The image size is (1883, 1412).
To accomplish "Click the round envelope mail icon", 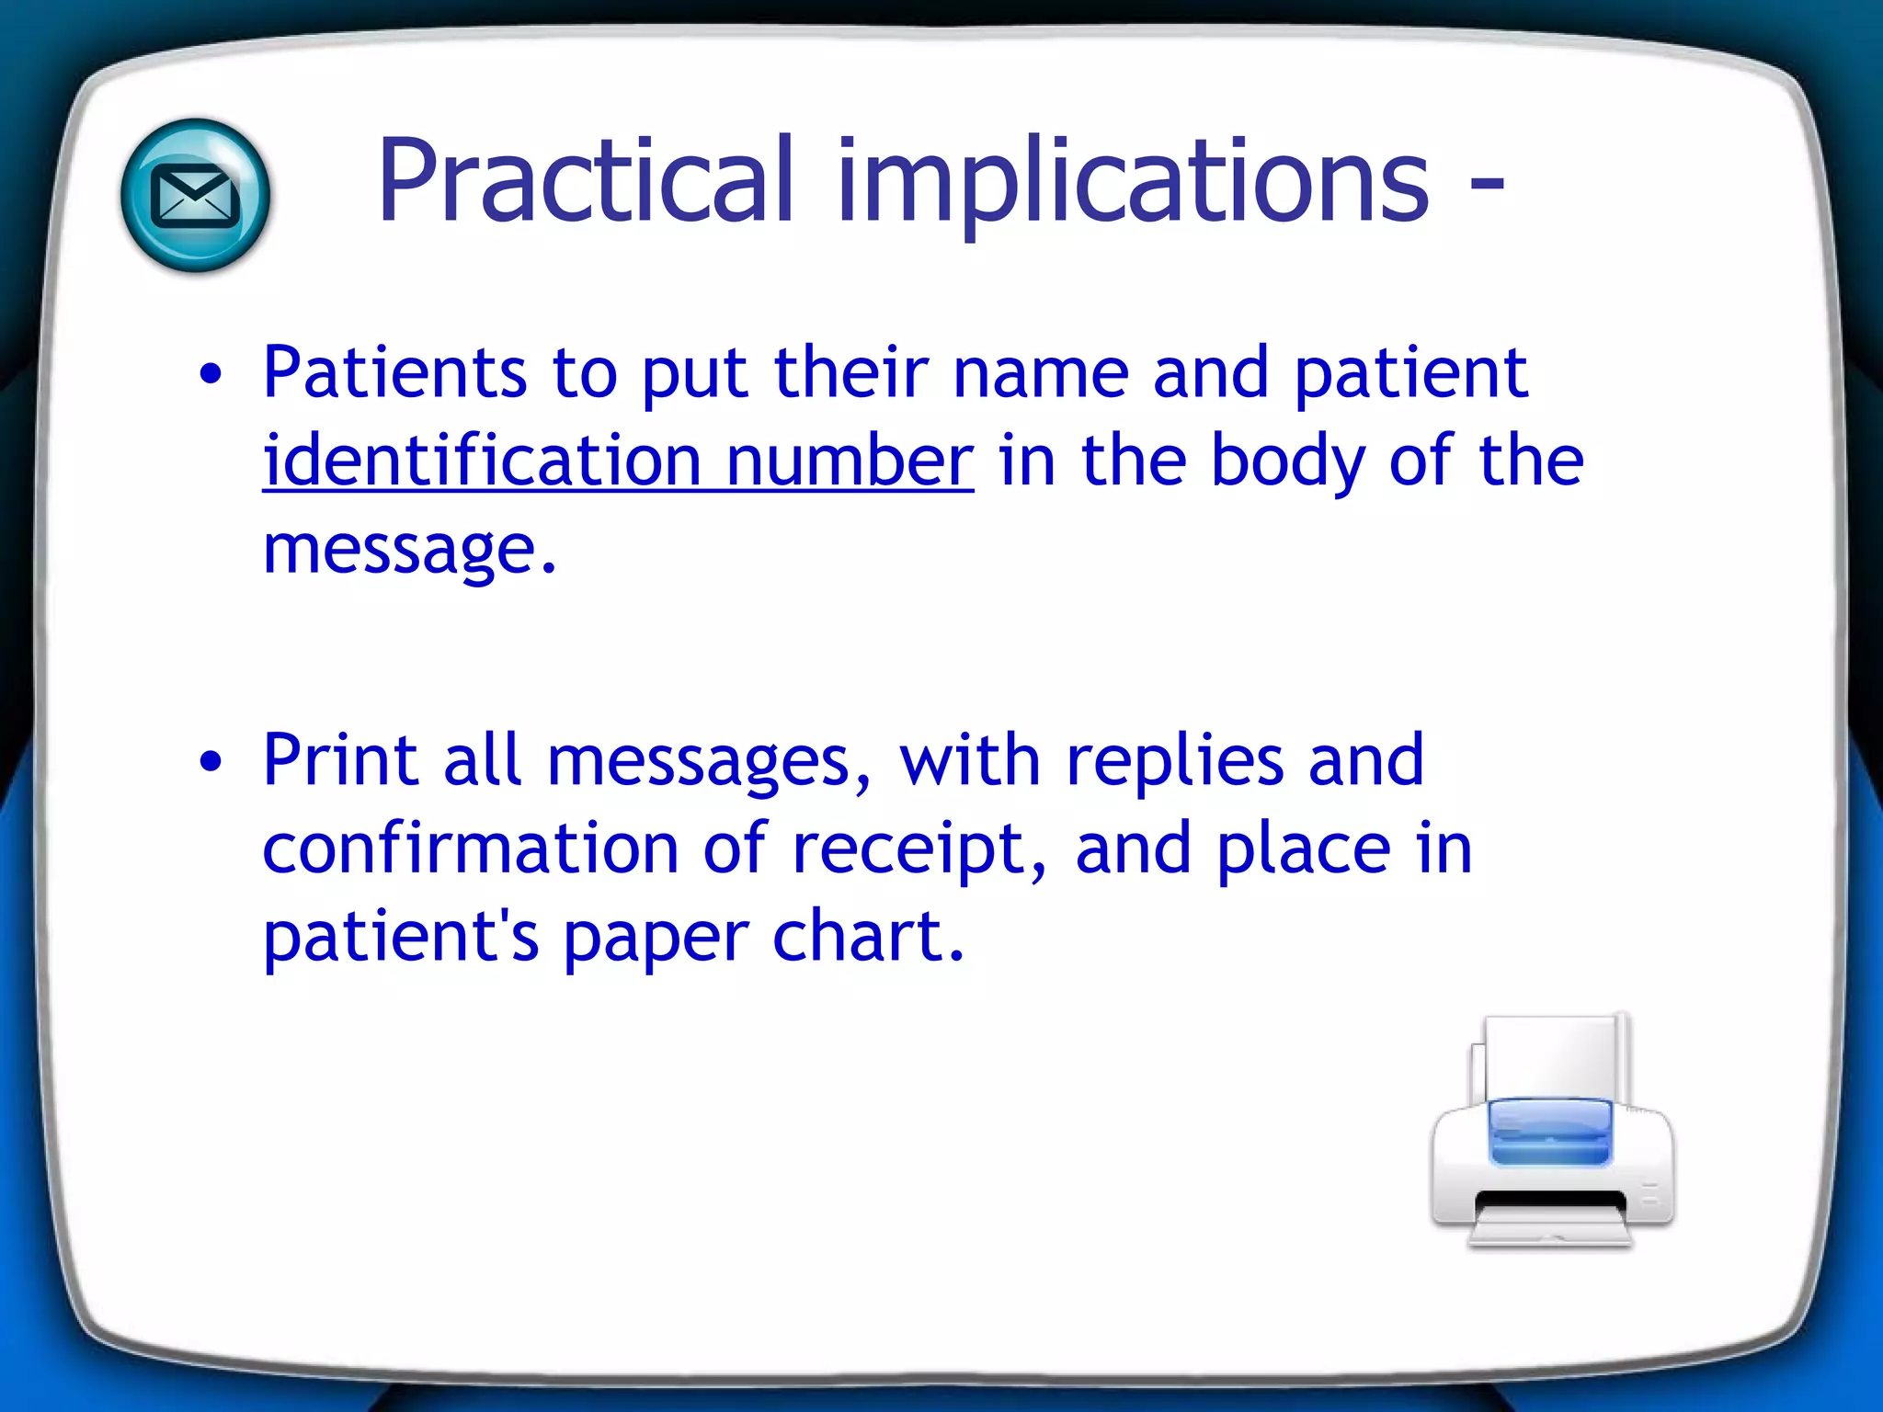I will pyautogui.click(x=195, y=196).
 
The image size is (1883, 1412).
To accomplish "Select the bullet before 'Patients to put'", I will pyautogui.click(x=211, y=374).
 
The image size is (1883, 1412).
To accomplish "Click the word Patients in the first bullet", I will pyautogui.click(x=394, y=372).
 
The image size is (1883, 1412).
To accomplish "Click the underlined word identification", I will pyautogui.click(x=482, y=460).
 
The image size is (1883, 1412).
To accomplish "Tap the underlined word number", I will pyautogui.click(x=850, y=460).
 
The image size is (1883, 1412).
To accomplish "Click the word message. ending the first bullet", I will pyautogui.click(x=409, y=549).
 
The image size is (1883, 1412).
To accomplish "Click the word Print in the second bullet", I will pyautogui.click(x=340, y=760).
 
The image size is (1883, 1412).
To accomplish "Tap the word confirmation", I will pyautogui.click(x=470, y=848).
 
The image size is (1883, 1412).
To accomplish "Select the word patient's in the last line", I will pyautogui.click(x=400, y=936).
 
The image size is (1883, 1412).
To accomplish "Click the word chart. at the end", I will pyautogui.click(x=868, y=936).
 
